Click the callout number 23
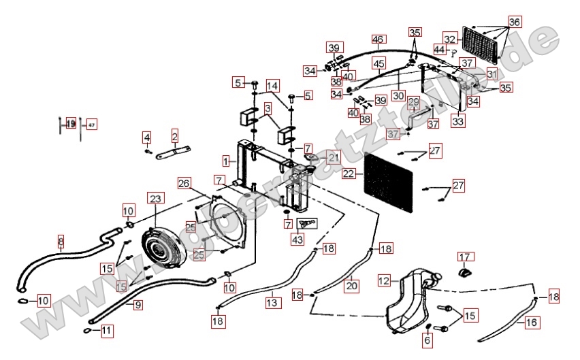coord(156,199)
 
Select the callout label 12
coord(384,280)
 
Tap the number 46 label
coord(378,39)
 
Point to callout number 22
coord(349,174)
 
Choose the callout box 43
coord(297,239)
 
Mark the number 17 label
coord(464,257)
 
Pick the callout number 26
coord(184,183)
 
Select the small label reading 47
coord(92,125)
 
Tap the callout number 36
coord(514,22)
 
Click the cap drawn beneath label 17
coord(464,274)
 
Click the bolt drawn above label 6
coord(427,325)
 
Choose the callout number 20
coord(351,286)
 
